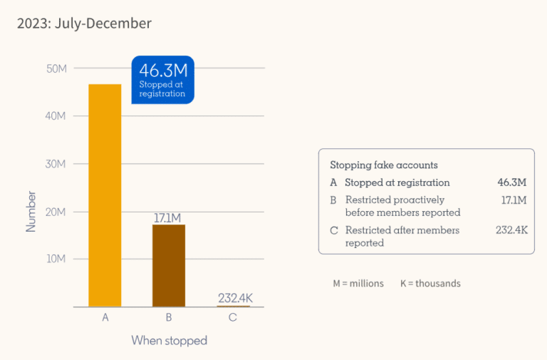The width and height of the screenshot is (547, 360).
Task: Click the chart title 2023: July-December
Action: (x=84, y=24)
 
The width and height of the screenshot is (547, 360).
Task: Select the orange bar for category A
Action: (x=105, y=195)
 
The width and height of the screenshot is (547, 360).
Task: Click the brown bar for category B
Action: (x=169, y=265)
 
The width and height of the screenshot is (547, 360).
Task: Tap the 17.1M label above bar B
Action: (x=169, y=217)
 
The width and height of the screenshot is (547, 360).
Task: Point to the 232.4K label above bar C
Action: (x=233, y=298)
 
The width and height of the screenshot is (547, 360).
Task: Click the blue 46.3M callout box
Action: (x=162, y=79)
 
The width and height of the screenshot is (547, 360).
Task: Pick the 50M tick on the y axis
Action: (x=56, y=68)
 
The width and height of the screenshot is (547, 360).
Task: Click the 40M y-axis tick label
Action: (x=56, y=115)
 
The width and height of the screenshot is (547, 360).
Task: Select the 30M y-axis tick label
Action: (x=56, y=163)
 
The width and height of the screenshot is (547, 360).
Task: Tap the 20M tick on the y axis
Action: (x=56, y=212)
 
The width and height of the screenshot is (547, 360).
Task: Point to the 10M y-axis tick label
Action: (x=56, y=259)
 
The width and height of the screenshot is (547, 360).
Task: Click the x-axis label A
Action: (x=105, y=317)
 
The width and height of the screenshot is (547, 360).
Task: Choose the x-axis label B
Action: (x=169, y=317)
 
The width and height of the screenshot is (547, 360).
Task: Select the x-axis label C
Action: (x=233, y=317)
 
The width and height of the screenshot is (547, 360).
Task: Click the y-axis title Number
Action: (x=31, y=210)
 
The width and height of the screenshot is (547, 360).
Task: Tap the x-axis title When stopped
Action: (x=169, y=341)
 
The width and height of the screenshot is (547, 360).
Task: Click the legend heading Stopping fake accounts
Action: (x=384, y=165)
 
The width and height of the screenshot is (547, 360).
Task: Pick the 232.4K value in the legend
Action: (x=511, y=230)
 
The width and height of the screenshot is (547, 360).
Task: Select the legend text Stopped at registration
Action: (x=397, y=182)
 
